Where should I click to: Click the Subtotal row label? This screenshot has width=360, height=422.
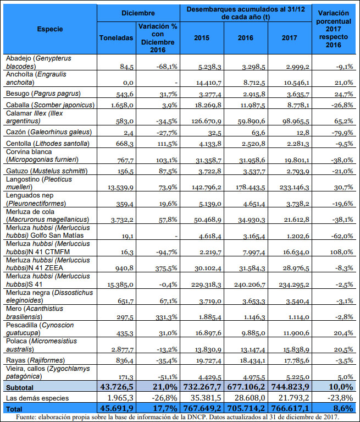click(20, 387)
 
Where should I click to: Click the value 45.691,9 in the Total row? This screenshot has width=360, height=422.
click(114, 409)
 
